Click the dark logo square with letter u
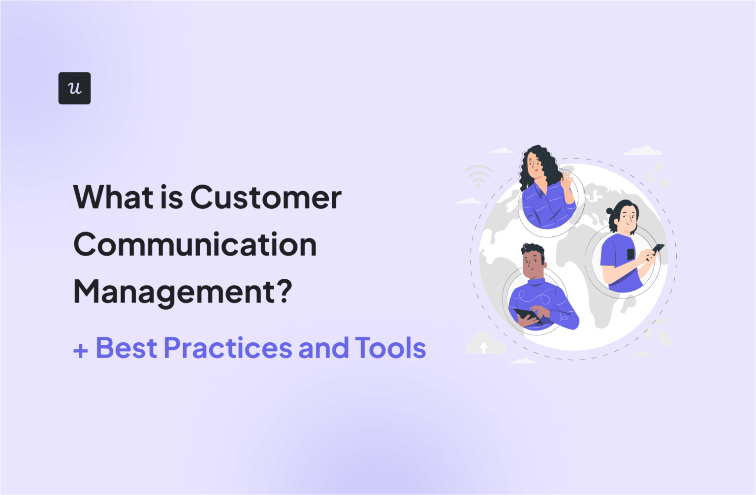tap(74, 88)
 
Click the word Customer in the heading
tap(266, 198)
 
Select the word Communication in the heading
tap(195, 245)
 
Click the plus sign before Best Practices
tap(81, 350)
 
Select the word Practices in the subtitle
tap(228, 348)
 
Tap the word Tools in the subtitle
tap(390, 348)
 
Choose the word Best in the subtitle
tap(126, 348)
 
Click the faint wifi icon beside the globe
tap(478, 176)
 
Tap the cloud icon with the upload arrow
tap(484, 344)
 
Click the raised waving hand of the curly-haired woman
tap(567, 182)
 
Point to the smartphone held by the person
tap(658, 249)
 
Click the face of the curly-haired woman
tap(535, 166)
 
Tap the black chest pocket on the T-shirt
tap(631, 255)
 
